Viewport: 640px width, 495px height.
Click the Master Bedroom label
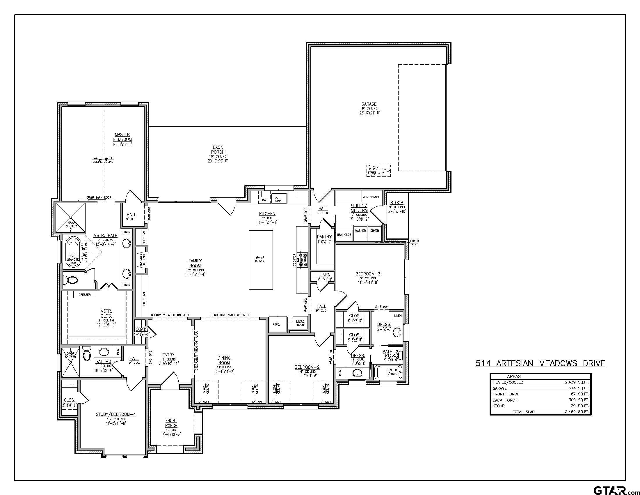point(122,137)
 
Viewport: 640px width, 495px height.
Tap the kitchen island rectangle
point(261,260)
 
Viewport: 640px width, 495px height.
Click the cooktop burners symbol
point(303,260)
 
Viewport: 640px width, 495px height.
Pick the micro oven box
point(300,323)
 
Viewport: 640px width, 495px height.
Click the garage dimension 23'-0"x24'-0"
point(369,113)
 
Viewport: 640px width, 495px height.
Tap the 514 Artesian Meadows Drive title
point(540,363)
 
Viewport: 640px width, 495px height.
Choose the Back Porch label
point(218,150)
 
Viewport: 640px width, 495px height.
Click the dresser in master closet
point(85,295)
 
